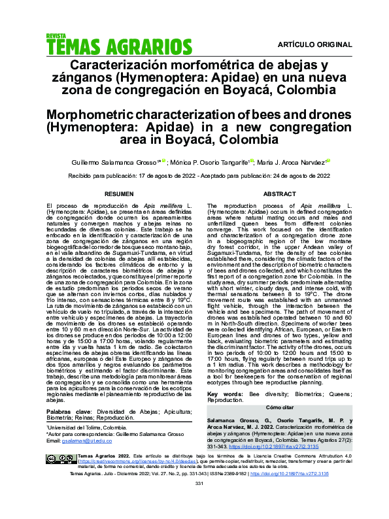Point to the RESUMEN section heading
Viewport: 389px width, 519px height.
tap(119, 194)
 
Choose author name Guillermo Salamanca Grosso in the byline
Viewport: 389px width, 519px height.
tap(124, 161)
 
